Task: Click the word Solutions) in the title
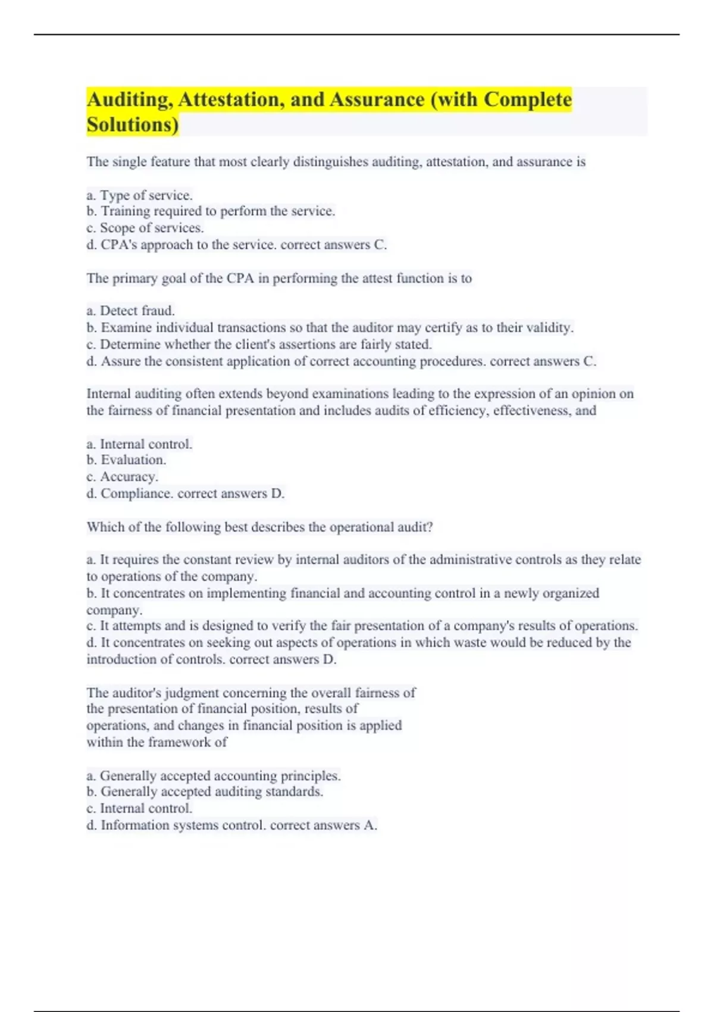pos(132,125)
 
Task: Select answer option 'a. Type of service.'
pos(139,195)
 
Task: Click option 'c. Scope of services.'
pos(145,228)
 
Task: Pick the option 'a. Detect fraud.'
pos(130,311)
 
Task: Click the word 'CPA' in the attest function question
pos(240,279)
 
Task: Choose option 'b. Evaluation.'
pos(126,460)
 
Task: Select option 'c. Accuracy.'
pos(122,477)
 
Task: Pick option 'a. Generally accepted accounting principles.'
pos(214,776)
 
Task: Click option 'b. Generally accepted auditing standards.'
pos(205,792)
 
